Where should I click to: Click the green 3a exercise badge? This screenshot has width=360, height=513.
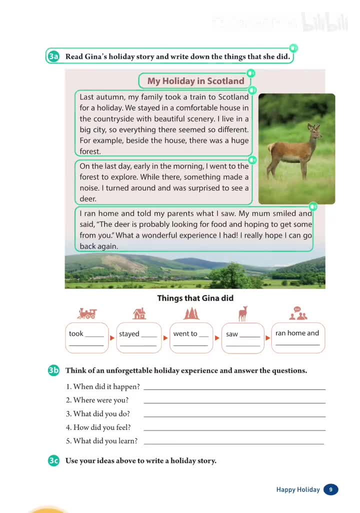point(53,56)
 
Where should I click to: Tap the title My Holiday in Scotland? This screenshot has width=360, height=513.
point(195,81)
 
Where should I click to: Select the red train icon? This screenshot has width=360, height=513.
point(87,313)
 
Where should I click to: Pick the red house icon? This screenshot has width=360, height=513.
point(139,313)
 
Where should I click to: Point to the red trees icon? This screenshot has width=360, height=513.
point(191,313)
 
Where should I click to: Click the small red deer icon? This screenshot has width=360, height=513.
point(243,313)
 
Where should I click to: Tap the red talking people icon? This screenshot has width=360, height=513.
point(298,313)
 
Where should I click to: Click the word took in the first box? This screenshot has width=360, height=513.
point(76,333)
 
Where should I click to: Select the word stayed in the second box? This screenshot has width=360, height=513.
point(129,333)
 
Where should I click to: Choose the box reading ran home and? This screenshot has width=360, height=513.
point(297,337)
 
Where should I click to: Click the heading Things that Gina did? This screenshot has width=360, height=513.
point(195,298)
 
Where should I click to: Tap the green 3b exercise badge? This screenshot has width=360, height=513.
point(53,370)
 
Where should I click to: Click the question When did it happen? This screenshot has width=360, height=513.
point(103,386)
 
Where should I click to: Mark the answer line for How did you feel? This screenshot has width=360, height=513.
point(234,429)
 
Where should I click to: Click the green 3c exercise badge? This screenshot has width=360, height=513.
point(53,460)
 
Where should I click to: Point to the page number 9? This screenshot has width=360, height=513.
point(330,489)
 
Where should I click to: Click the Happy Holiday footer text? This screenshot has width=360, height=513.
point(297,489)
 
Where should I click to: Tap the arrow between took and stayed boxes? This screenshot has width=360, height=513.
point(112,338)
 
